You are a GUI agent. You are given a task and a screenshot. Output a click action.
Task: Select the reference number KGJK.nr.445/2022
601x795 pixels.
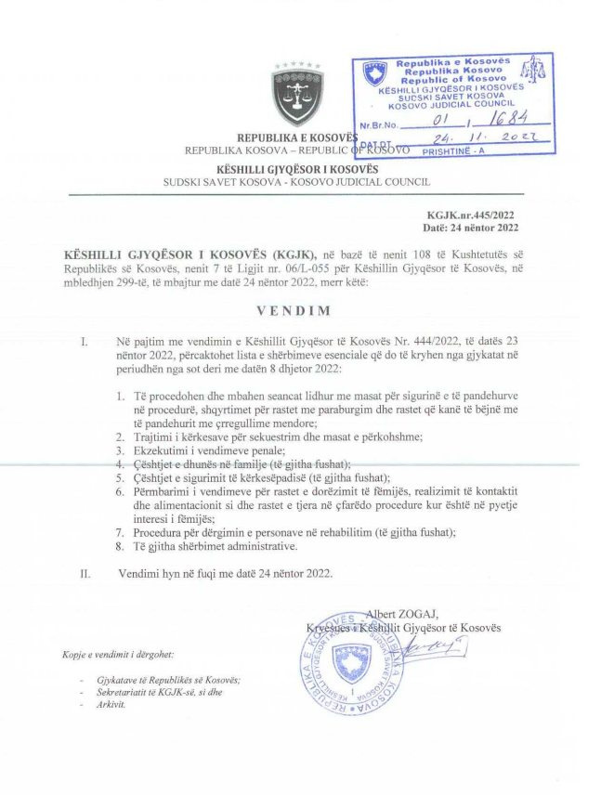474,215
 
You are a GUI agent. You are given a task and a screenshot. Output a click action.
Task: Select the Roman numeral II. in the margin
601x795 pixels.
85,574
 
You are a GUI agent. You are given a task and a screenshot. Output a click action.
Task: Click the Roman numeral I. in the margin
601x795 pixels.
85,342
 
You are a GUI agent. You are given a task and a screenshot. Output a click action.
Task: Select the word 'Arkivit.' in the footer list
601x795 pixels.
111,705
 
